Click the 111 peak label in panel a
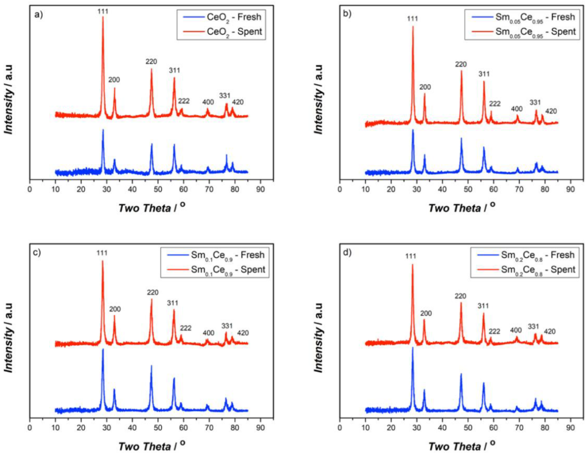click(x=103, y=12)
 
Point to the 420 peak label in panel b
click(x=551, y=111)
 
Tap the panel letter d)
click(x=348, y=252)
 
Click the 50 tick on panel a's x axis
click(x=158, y=189)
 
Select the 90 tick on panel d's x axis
click(x=570, y=427)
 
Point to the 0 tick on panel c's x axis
click(x=29, y=427)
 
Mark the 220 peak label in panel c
click(x=153, y=292)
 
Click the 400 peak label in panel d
click(x=516, y=330)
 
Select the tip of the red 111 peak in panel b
click(x=413, y=26)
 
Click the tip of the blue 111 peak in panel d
click(x=412, y=347)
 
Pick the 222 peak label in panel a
click(x=184, y=101)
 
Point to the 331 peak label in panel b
click(x=535, y=102)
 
